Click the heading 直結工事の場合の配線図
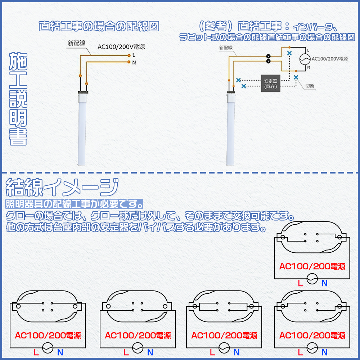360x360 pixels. pyautogui.click(x=99, y=26)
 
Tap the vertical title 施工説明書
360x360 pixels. pyautogui.click(x=18, y=99)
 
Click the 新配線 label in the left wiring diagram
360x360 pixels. pyautogui.click(x=76, y=43)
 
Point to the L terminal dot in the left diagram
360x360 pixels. pyautogui.click(x=129, y=55)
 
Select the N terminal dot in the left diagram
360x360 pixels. pyautogui.click(x=129, y=62)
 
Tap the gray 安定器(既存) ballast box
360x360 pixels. pyautogui.click(x=270, y=84)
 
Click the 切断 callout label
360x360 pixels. pyautogui.click(x=310, y=86)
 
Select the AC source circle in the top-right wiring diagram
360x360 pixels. pyautogui.click(x=305, y=59)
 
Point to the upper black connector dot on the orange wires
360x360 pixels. pyautogui.click(x=268, y=56)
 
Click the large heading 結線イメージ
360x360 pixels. pyautogui.click(x=62, y=187)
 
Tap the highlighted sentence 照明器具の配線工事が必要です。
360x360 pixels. pyautogui.click(x=74, y=204)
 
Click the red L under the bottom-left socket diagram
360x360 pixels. pyautogui.click(x=36, y=352)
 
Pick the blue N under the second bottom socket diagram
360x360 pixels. pyautogui.click(x=150, y=352)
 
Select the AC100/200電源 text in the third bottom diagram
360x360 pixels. pyautogui.click(x=224, y=336)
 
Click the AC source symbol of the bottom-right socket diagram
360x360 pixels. pyautogui.click(x=312, y=348)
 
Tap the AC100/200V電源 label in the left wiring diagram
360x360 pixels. pyautogui.click(x=121, y=47)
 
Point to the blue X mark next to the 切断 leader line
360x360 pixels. pyautogui.click(x=296, y=77)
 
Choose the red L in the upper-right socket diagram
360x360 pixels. pyautogui.click(x=301, y=283)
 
